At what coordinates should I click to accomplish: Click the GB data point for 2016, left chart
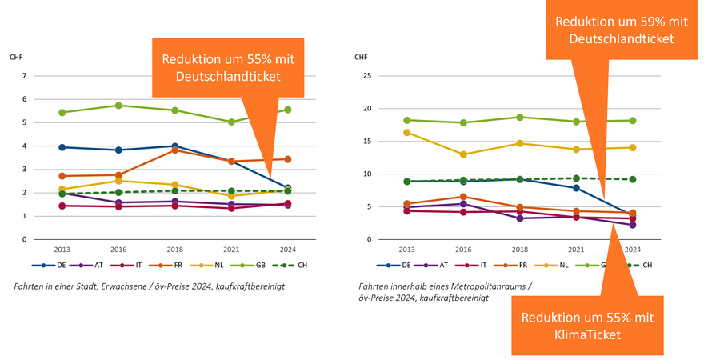118,106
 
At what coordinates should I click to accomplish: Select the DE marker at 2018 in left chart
175,146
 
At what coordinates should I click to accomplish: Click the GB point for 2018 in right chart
519,117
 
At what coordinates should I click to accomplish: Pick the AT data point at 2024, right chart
632,225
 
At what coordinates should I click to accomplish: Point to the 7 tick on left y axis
25,76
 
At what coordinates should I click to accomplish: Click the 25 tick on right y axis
367,76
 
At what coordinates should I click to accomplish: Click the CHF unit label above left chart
16,57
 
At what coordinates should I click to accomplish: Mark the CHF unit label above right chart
362,57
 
